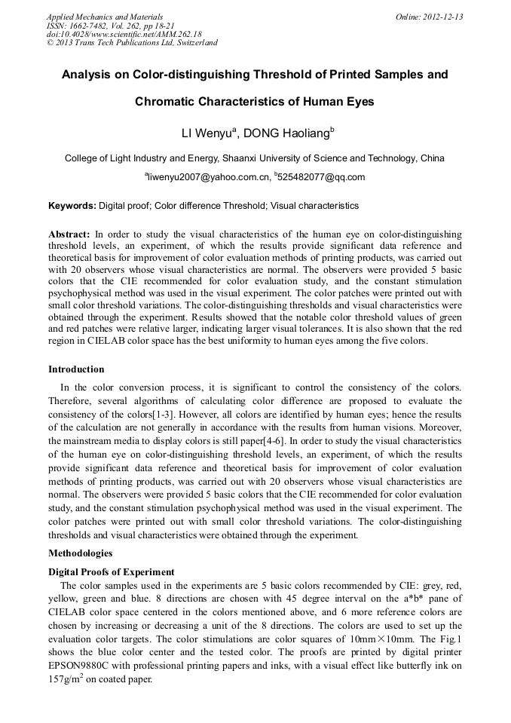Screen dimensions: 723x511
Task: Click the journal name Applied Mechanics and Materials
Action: [x=105, y=17]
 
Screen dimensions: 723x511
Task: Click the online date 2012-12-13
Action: [x=440, y=17]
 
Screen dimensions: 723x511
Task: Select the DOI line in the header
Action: [x=124, y=34]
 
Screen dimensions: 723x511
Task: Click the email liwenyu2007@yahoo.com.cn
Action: [x=207, y=177]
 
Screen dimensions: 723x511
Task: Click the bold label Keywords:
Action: [x=72, y=205]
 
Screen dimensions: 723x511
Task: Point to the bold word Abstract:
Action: [x=69, y=234]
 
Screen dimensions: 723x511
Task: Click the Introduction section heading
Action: [x=76, y=369]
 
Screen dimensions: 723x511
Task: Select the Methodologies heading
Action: [x=81, y=553]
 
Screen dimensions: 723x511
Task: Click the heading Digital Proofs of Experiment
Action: [x=112, y=571]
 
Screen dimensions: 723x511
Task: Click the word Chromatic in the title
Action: [x=168, y=101]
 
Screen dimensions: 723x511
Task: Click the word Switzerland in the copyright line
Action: [x=193, y=43]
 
